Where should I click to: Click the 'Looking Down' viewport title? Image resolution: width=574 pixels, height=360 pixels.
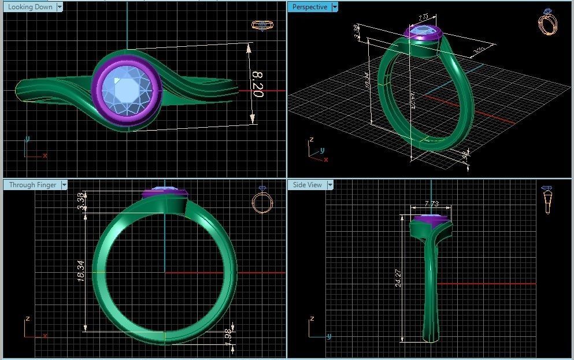(x=30, y=7)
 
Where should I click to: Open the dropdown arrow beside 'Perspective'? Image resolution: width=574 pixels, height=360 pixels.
(x=335, y=7)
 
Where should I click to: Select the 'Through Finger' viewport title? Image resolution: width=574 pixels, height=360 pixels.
(x=32, y=185)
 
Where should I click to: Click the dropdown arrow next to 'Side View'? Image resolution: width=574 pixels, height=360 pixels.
(x=331, y=185)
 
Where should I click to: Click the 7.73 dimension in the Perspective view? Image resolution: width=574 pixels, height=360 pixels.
(x=422, y=17)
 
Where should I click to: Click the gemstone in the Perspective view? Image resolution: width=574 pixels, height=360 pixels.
(x=423, y=32)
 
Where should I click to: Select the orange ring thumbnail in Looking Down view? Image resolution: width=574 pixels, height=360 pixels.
(x=262, y=25)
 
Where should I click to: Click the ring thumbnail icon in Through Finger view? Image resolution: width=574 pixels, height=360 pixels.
(x=262, y=202)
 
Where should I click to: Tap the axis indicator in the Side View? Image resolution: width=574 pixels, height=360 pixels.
(x=319, y=329)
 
